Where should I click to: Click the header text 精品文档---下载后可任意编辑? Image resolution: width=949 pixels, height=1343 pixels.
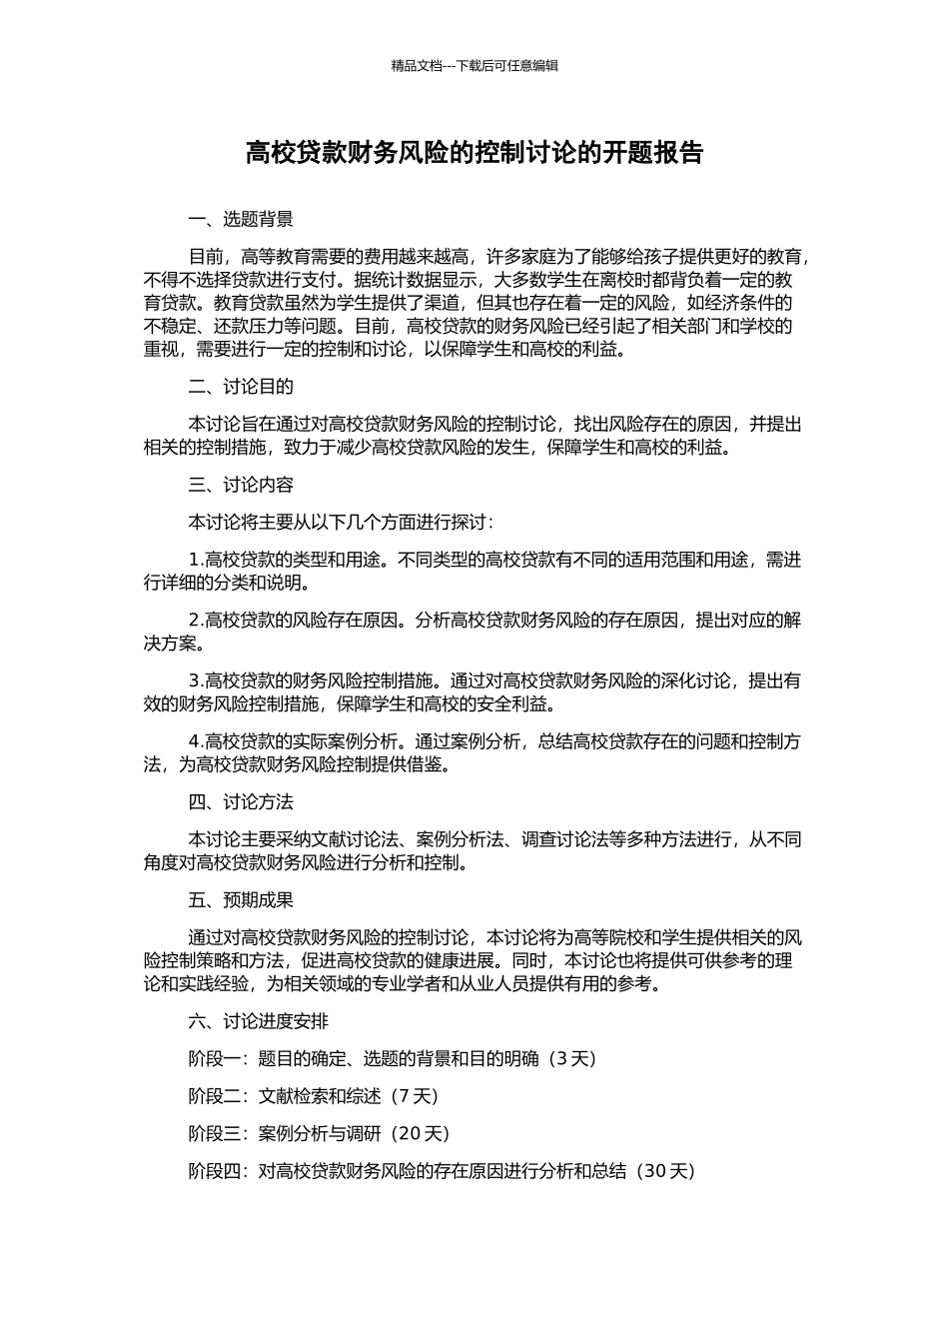pos(474,66)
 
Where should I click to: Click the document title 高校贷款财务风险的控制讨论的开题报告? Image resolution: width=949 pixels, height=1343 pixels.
pos(474,153)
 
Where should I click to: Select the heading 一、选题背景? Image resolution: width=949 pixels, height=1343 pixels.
pos(241,220)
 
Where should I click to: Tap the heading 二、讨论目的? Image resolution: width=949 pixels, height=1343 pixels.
pos(241,387)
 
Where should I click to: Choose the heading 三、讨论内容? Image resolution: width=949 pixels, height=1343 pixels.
pos(241,485)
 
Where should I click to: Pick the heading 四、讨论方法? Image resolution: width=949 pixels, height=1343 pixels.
pos(241,802)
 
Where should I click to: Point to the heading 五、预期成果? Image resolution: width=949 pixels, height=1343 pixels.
pos(241,900)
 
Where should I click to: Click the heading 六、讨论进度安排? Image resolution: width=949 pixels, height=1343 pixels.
pos(258,1021)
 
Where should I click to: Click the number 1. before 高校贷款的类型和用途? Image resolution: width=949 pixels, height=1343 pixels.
pos(196,560)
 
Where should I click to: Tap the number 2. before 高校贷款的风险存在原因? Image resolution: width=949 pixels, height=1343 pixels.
pos(196,621)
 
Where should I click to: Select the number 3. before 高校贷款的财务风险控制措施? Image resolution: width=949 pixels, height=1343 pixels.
pos(196,681)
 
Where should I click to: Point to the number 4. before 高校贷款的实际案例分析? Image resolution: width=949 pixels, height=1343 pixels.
pos(196,741)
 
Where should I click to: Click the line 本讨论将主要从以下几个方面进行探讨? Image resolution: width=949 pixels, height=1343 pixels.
pos(340,523)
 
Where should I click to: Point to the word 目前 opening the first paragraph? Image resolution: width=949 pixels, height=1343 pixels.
pos(206,258)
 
